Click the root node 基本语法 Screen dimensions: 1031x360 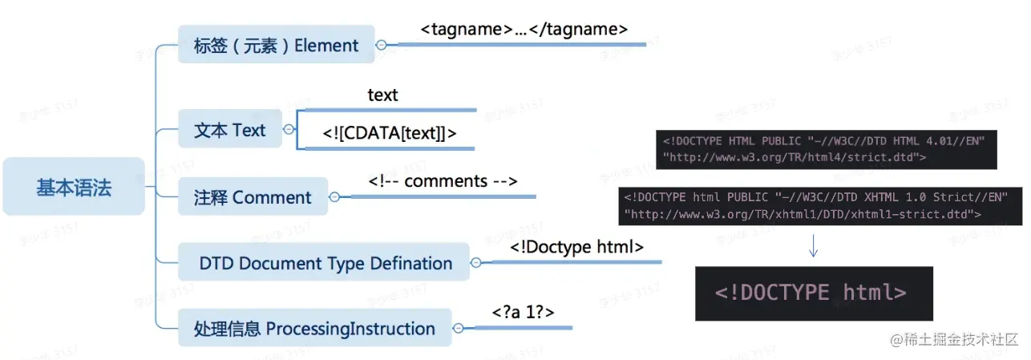(74, 187)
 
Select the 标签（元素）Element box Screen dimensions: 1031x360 (276, 44)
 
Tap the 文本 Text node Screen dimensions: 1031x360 (230, 129)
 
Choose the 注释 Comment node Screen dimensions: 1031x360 (253, 196)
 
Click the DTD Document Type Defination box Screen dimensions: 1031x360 (324, 262)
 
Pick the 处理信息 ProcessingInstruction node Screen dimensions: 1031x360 (315, 327)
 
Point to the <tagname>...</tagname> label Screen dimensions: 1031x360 (524, 29)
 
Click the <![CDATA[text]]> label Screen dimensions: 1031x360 (390, 133)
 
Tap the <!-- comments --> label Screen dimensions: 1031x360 (443, 181)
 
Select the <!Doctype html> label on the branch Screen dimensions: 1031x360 (576, 247)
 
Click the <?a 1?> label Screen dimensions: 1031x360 (523, 312)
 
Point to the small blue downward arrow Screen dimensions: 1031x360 (813, 246)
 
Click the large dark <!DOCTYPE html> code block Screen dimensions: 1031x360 (814, 293)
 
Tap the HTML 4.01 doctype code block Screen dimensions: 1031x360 (827, 150)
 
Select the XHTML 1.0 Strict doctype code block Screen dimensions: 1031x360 (820, 206)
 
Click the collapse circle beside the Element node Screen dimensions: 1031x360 (381, 45)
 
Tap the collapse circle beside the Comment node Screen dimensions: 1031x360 (334, 197)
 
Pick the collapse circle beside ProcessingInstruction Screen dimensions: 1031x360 (458, 328)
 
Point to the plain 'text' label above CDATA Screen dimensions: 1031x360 (382, 95)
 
